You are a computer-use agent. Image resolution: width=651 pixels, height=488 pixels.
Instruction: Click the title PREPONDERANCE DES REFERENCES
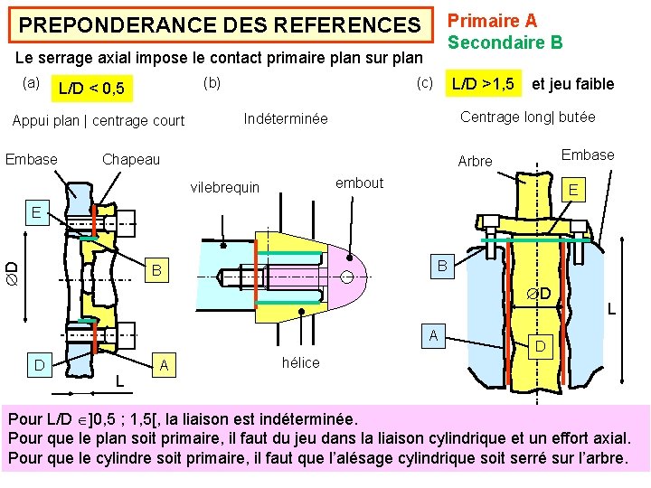[220, 25]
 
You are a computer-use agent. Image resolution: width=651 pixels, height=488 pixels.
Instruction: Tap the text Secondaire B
[505, 42]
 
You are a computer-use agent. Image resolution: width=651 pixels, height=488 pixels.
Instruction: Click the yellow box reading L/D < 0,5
[91, 89]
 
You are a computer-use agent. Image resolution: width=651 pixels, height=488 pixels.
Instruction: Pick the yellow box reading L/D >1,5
[485, 84]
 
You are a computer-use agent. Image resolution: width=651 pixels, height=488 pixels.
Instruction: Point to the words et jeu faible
[572, 84]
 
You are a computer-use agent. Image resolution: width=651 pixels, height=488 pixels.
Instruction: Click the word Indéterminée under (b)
[286, 119]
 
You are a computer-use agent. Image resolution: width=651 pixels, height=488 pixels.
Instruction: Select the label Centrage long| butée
[527, 117]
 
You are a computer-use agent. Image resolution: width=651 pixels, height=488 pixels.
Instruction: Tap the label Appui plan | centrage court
[98, 120]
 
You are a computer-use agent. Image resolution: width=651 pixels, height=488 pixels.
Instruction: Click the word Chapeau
[130, 159]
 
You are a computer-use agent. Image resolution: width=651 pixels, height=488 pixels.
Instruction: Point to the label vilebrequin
[224, 187]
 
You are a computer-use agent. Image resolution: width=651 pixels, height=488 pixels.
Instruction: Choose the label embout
[359, 183]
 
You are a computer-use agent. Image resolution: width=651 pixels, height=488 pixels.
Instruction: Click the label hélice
[300, 362]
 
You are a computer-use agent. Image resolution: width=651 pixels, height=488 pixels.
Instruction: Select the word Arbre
[475, 161]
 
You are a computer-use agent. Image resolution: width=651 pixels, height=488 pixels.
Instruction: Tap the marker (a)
[31, 83]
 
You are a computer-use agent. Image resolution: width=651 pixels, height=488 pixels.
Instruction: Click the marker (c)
[424, 84]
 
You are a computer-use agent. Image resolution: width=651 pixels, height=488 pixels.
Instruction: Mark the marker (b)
[212, 83]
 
